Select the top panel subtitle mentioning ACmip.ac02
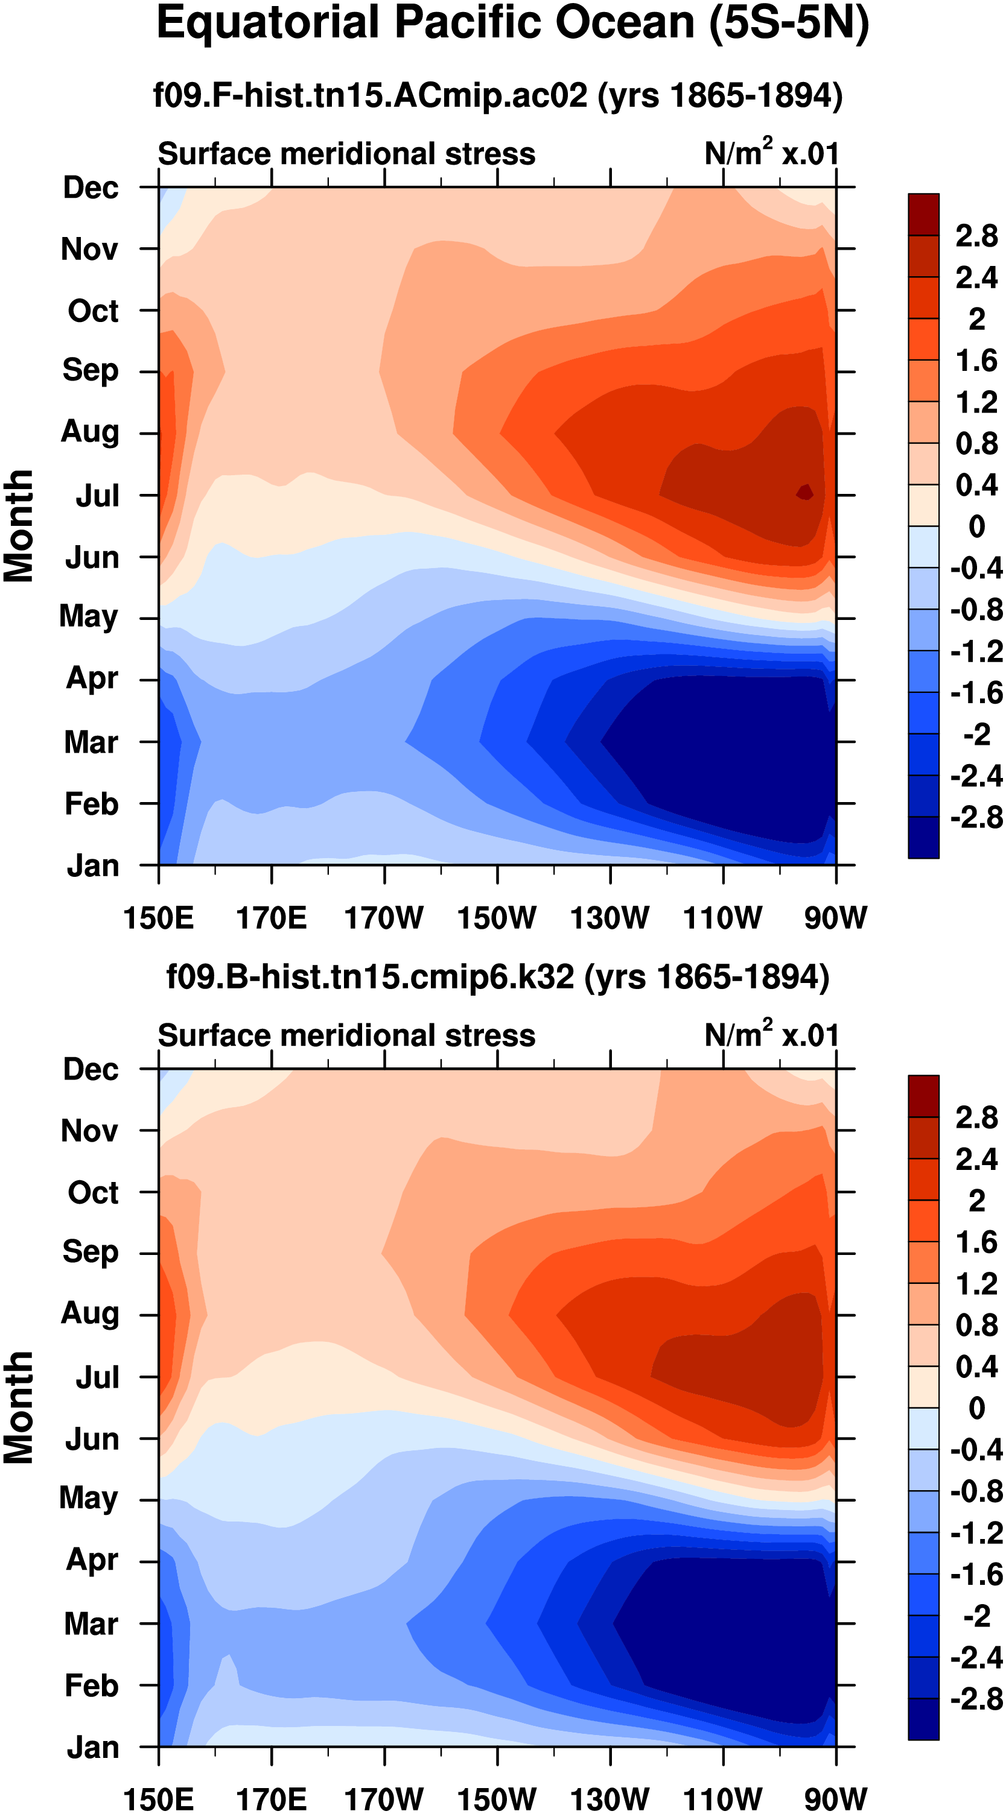coord(497,95)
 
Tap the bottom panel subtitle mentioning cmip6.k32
coord(497,978)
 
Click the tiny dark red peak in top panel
coord(804,492)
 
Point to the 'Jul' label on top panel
coord(97,496)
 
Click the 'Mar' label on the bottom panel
coord(91,1624)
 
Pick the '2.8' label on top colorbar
coord(976,236)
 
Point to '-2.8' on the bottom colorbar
coord(976,1699)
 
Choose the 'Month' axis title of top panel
coord(19,526)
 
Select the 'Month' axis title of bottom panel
coord(19,1408)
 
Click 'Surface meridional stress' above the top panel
coord(346,154)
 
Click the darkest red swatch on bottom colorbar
coord(923,1096)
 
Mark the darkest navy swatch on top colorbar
coord(923,837)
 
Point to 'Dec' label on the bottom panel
coord(91,1070)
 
